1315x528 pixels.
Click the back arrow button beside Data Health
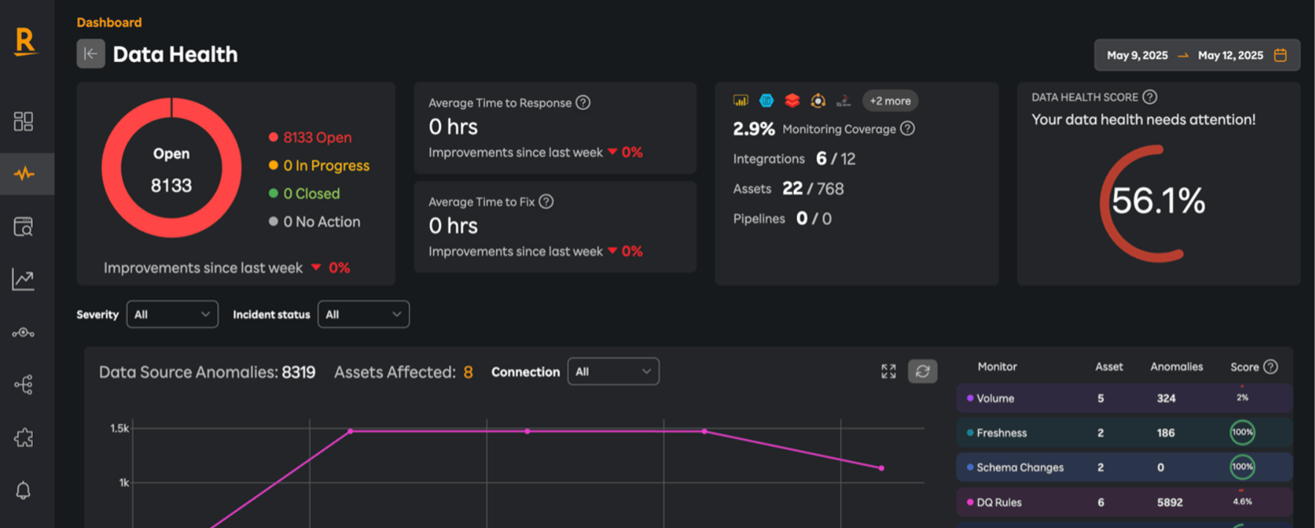[91, 54]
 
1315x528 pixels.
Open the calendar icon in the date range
[1280, 56]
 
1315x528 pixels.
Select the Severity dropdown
[172, 314]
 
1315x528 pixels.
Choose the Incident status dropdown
[363, 314]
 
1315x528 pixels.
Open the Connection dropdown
[613, 371]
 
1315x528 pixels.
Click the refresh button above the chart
[923, 371]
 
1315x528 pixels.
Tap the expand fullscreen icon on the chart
[888, 371]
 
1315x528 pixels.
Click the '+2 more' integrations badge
[890, 101]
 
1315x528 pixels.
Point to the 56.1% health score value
[1158, 201]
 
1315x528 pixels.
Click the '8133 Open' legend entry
[310, 137]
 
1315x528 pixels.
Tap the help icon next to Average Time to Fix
[546, 202]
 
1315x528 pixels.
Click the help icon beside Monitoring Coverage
[907, 129]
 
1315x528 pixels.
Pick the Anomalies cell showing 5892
[1170, 502]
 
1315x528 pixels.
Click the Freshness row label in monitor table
[1002, 433]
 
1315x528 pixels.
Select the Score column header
[1244, 367]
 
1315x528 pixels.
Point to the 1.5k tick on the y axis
[120, 428]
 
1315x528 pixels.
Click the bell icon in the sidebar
[23, 490]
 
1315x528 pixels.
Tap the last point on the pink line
[882, 468]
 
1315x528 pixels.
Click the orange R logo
[25, 41]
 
